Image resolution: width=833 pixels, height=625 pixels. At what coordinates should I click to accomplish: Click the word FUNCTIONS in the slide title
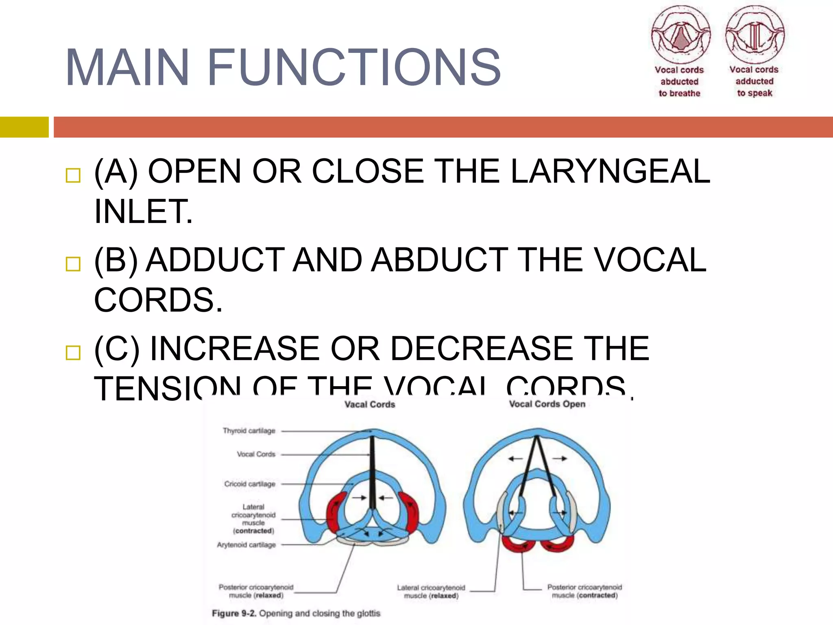click(354, 68)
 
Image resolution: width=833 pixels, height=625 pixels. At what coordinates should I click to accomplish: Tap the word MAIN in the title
click(127, 68)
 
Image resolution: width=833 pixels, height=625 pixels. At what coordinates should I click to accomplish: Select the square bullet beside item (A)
click(73, 175)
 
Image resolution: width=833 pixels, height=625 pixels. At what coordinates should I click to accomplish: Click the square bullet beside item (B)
click(73, 264)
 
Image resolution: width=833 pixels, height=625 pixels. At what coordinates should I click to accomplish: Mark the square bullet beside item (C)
click(73, 352)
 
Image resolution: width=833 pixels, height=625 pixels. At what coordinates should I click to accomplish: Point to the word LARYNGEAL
click(610, 171)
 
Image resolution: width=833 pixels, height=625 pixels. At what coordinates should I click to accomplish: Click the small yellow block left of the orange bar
click(24, 127)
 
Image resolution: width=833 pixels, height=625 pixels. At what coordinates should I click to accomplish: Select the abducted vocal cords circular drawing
click(681, 35)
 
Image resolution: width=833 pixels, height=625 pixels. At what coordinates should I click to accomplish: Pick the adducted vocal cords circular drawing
click(755, 35)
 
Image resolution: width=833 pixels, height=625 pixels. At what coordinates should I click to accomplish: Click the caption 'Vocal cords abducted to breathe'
click(679, 82)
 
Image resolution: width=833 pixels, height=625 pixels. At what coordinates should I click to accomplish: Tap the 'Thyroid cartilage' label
click(249, 431)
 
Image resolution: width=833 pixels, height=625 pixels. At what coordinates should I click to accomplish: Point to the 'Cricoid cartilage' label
click(250, 484)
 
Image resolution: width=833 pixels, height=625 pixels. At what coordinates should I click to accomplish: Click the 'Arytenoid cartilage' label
click(246, 545)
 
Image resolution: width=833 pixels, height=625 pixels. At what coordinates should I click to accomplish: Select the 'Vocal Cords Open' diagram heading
click(547, 404)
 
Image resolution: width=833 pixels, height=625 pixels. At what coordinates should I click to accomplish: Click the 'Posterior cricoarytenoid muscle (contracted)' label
click(584, 591)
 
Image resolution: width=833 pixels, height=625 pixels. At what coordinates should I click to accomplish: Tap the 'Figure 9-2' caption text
click(296, 613)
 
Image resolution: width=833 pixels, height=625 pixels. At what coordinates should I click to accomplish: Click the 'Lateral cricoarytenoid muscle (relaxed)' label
click(431, 592)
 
